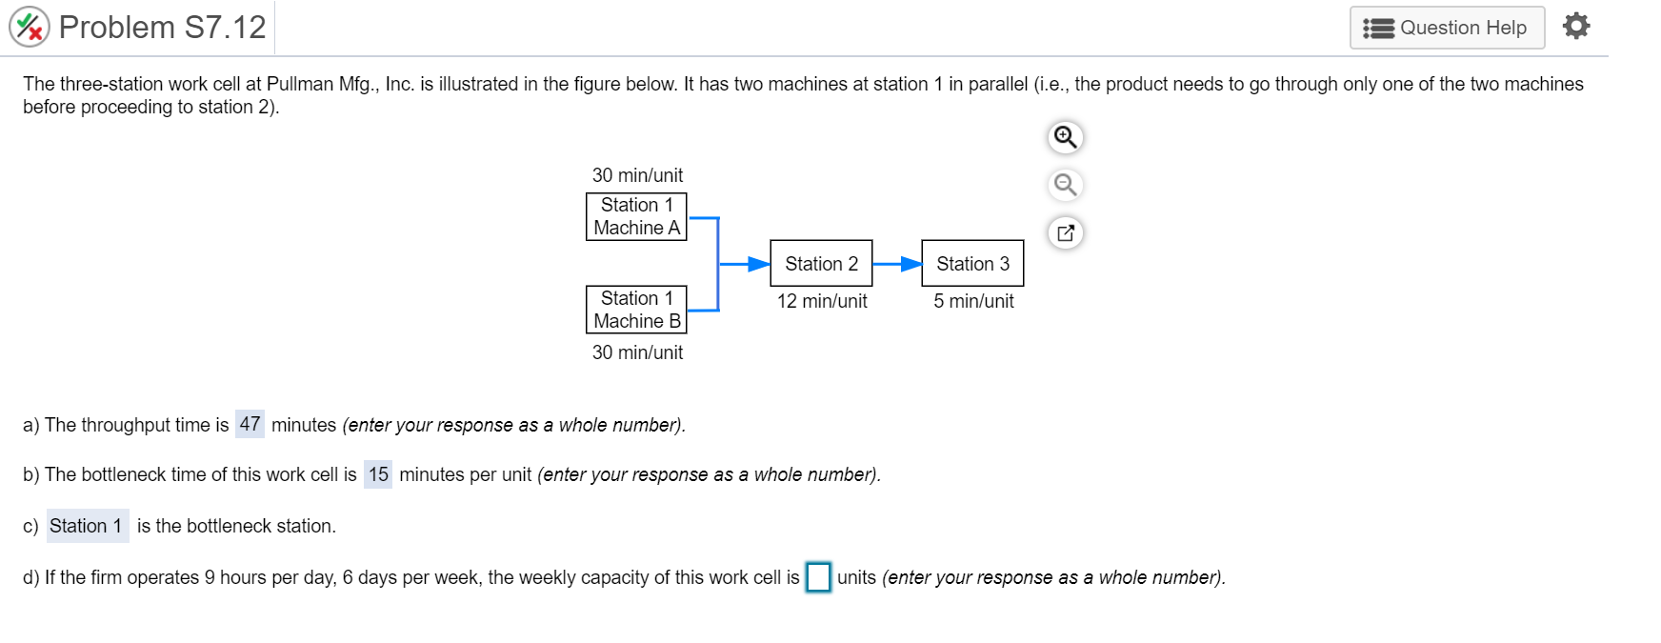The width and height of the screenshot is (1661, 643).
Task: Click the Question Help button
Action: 1446,28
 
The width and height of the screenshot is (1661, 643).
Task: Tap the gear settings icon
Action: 1576,26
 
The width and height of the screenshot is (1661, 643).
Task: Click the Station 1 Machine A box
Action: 636,216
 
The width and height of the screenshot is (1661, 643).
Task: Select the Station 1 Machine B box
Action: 636,310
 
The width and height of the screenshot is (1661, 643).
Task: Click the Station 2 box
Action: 821,263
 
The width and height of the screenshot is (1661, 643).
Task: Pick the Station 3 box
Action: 972,263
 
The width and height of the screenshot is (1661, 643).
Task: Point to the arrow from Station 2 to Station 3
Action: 897,264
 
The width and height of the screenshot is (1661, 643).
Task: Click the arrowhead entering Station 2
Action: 759,264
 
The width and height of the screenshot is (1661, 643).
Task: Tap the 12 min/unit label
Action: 822,301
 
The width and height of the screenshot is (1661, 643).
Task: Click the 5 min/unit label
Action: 973,301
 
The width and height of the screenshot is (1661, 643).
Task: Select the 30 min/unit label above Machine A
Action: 637,175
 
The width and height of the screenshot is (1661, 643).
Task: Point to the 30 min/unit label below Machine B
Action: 637,352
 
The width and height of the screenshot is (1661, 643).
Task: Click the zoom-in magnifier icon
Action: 1066,137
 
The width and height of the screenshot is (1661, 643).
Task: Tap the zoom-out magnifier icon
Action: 1066,184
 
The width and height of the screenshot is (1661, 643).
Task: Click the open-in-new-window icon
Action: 1066,232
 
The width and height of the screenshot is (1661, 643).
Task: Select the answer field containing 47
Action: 250,424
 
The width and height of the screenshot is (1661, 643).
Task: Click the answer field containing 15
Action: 378,474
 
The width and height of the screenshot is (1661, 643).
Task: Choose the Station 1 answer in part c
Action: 87,526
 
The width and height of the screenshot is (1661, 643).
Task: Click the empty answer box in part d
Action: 818,577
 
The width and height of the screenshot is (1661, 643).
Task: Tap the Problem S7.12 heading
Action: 162,27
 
